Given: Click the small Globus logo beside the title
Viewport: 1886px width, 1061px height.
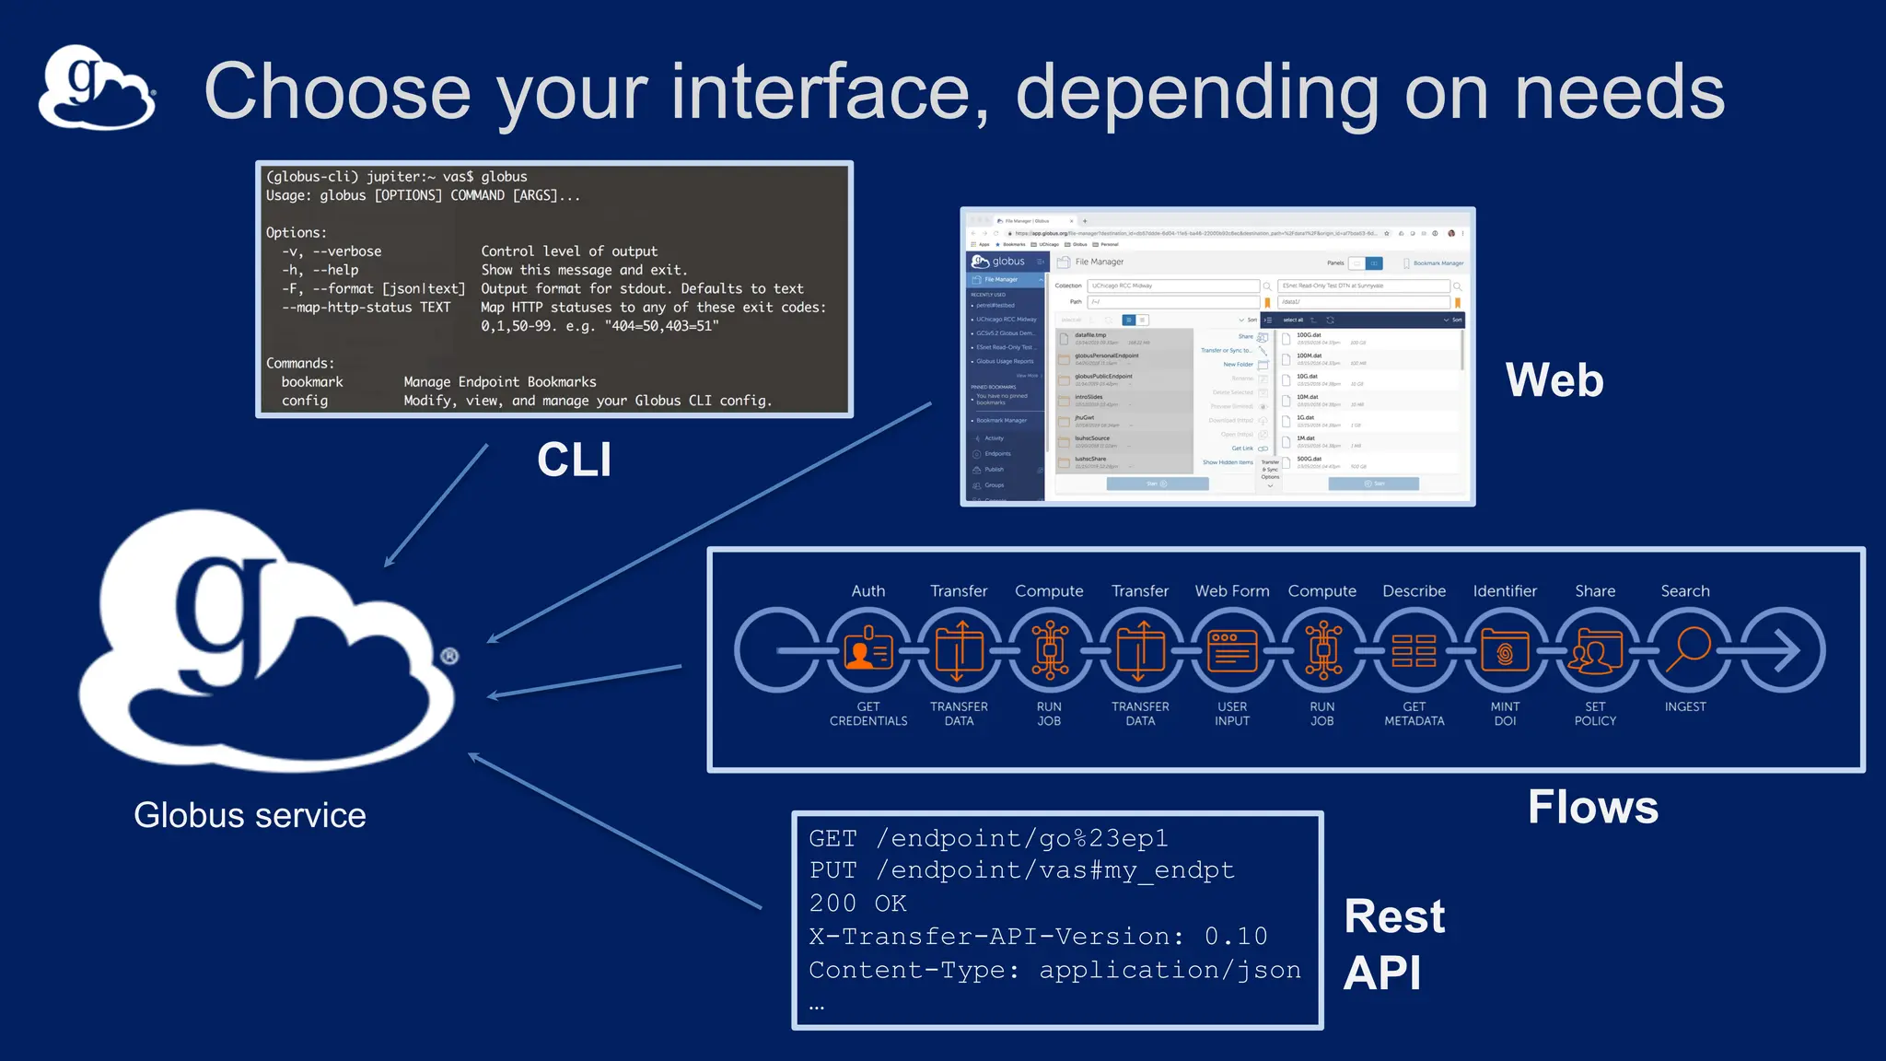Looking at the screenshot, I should point(97,87).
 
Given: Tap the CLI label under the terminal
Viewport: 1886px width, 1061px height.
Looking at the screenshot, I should point(574,460).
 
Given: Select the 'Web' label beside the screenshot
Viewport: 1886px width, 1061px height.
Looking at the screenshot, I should point(1554,380).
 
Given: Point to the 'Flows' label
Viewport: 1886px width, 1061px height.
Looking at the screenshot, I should point(1592,807).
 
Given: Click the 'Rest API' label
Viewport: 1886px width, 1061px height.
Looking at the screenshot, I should point(1393,944).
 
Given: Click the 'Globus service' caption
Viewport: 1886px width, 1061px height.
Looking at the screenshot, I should point(250,815).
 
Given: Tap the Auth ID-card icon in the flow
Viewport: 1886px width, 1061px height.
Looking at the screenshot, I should point(867,650).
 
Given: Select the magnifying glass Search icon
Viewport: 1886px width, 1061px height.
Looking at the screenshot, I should point(1686,650).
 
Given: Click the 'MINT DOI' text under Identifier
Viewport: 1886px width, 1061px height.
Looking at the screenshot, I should point(1505,714).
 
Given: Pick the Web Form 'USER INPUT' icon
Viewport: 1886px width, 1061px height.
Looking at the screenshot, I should point(1232,650).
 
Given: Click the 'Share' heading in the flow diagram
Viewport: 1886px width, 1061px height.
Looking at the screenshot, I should point(1595,591).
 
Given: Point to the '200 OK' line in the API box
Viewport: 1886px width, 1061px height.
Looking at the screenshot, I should point(857,904).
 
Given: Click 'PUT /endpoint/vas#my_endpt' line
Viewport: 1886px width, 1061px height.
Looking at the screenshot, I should point(1020,870).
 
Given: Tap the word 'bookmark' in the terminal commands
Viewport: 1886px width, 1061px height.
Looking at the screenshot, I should point(312,382).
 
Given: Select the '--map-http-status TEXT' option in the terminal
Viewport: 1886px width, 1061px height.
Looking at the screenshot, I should point(366,308).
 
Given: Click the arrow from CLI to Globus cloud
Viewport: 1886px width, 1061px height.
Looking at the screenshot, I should point(436,507).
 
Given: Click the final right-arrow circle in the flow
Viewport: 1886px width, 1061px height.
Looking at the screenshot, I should point(1782,650).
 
